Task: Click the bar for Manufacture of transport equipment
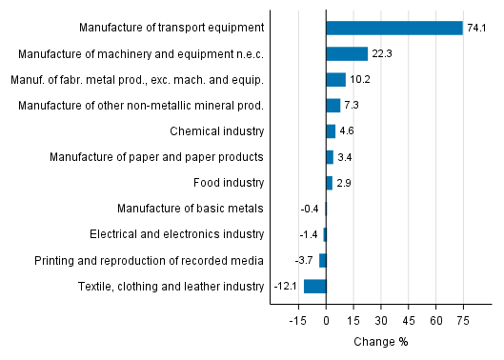click(393, 28)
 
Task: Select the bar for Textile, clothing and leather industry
click(314, 286)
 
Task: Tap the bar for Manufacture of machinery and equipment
click(346, 53)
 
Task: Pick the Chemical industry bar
click(330, 130)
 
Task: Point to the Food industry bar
click(329, 182)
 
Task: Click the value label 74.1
click(476, 28)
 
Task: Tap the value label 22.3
click(381, 53)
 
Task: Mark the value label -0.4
click(309, 209)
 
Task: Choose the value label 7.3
click(352, 105)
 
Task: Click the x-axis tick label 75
click(463, 322)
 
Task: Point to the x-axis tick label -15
click(297, 322)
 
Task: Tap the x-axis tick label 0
click(326, 322)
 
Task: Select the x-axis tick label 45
click(408, 322)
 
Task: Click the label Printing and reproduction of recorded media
click(149, 260)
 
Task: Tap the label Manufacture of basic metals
click(191, 209)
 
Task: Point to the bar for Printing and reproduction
click(322, 260)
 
